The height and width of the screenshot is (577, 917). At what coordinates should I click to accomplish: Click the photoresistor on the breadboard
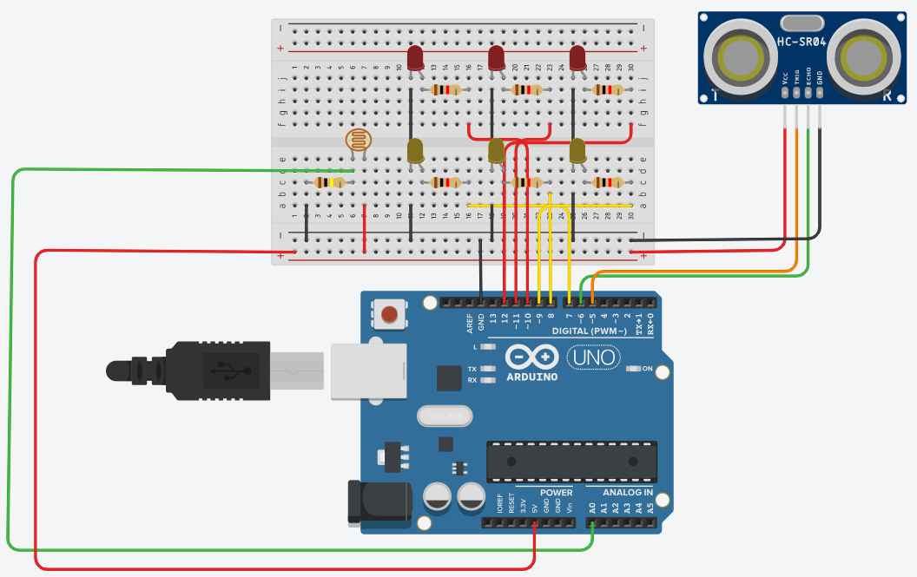(356, 140)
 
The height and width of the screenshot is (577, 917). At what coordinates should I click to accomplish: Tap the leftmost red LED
(415, 59)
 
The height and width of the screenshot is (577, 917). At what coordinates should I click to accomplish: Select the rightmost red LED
(577, 58)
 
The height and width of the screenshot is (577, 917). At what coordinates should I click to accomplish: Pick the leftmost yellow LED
(415, 152)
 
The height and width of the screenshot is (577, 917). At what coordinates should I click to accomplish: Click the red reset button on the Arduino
(391, 314)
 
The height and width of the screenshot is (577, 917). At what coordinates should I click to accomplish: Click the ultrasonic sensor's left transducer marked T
(736, 58)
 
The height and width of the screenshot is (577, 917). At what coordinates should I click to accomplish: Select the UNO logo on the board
(594, 357)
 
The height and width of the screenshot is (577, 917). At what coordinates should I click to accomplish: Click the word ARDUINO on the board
(532, 377)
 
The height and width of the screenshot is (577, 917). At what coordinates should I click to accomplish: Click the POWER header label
(556, 492)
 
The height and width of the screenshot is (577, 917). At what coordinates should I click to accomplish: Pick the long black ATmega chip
(570, 461)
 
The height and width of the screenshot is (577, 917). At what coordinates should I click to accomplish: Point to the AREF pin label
(470, 324)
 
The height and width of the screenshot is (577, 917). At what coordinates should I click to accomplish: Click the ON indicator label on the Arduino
(646, 368)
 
